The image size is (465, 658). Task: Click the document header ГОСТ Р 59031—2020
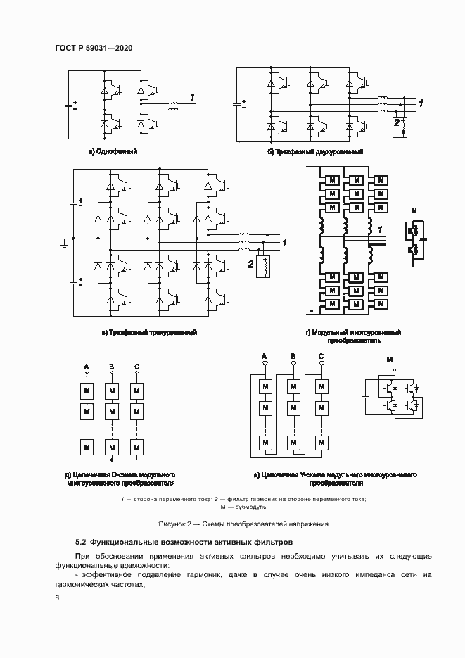(x=93, y=48)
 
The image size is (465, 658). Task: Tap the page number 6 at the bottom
(x=57, y=597)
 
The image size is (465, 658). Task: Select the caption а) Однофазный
(x=113, y=151)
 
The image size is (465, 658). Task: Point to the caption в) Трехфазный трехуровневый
(x=149, y=332)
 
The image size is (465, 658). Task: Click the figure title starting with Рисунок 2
(x=243, y=524)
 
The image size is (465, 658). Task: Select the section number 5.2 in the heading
(x=80, y=543)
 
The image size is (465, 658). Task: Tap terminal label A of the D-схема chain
(x=87, y=367)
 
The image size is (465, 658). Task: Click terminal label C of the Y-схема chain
(x=321, y=357)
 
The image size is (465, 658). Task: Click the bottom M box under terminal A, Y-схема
(x=266, y=442)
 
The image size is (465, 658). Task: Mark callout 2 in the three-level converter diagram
(x=250, y=264)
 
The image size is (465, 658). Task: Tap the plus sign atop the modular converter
(x=309, y=170)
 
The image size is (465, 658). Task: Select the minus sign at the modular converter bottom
(x=310, y=310)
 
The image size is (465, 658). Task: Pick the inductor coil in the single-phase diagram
(x=173, y=107)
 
